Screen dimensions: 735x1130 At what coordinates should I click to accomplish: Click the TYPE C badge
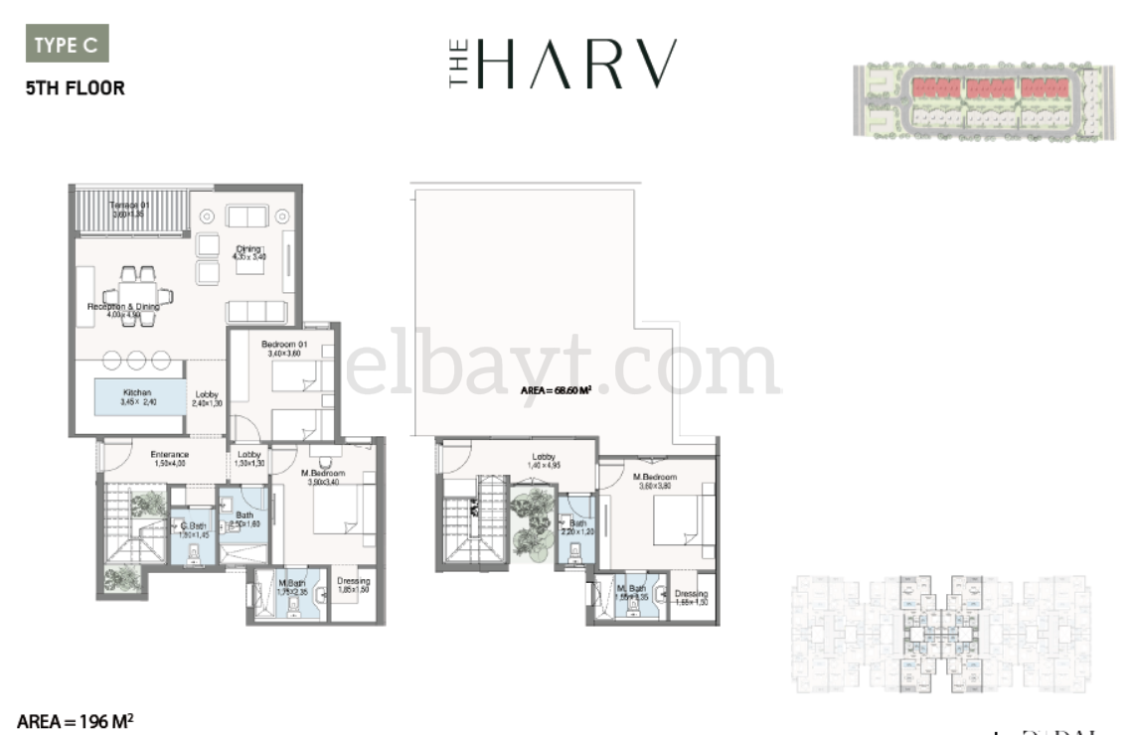click(x=66, y=45)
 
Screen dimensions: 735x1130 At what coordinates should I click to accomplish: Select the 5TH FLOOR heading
click(x=75, y=87)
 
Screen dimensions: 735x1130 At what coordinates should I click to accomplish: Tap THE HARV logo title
click(x=563, y=65)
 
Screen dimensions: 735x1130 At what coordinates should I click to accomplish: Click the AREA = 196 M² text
click(x=75, y=720)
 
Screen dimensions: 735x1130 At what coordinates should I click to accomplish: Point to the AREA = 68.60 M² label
click(x=557, y=390)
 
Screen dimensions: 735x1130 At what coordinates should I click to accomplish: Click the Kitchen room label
click(x=138, y=397)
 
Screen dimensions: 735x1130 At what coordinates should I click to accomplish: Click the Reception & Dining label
click(x=123, y=312)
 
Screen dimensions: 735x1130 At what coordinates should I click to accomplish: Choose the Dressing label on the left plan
click(x=353, y=585)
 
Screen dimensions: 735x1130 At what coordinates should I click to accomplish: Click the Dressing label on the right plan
click(x=691, y=598)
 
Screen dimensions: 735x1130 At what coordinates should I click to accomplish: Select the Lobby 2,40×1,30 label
click(x=207, y=398)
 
